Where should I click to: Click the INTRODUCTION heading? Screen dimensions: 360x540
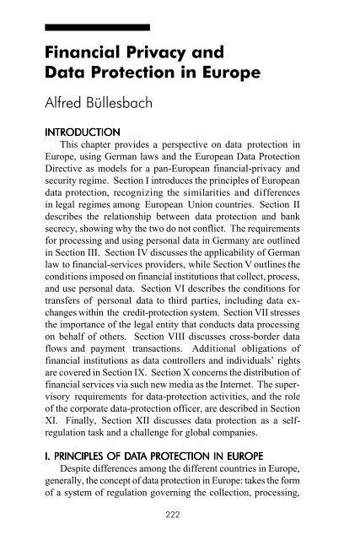tap(82, 141)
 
